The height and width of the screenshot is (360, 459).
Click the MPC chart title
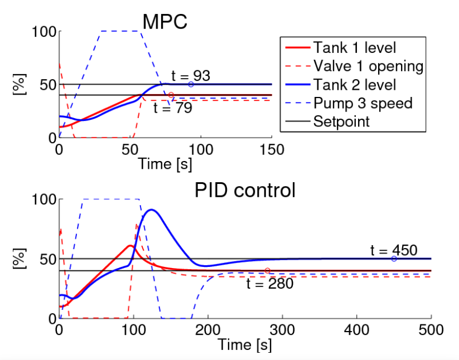[x=165, y=22]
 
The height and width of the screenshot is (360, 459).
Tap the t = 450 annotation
[x=394, y=250]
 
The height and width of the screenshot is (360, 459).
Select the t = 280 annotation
[x=270, y=284]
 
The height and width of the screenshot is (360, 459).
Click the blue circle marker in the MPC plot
[x=191, y=85]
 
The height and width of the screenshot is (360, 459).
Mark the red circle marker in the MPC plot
[x=171, y=95]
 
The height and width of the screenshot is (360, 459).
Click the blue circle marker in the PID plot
[x=394, y=259]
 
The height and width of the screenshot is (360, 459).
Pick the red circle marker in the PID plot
[x=268, y=271]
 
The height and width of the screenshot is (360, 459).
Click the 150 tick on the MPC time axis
[x=272, y=149]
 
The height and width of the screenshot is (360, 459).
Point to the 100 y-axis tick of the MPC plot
[x=44, y=32]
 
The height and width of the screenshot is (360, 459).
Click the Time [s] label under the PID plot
[x=245, y=345]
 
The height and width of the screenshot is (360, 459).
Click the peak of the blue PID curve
[x=151, y=210]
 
